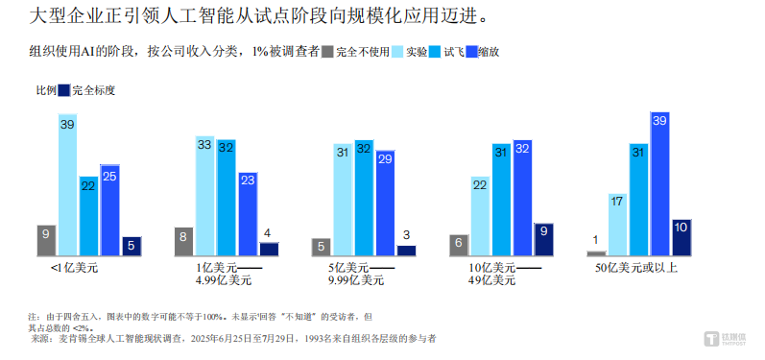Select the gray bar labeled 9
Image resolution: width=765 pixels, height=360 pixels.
tap(46, 240)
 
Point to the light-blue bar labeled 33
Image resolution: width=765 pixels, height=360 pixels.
tap(205, 197)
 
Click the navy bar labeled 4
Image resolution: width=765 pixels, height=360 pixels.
tap(269, 249)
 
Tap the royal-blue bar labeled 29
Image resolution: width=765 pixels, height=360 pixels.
tap(385, 203)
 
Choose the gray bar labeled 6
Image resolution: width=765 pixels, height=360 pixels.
tap(459, 245)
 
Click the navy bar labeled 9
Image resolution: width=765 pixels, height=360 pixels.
tap(543, 239)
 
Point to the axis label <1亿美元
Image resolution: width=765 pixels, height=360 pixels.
tap(74, 268)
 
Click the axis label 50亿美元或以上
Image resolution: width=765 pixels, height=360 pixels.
tap(636, 268)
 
